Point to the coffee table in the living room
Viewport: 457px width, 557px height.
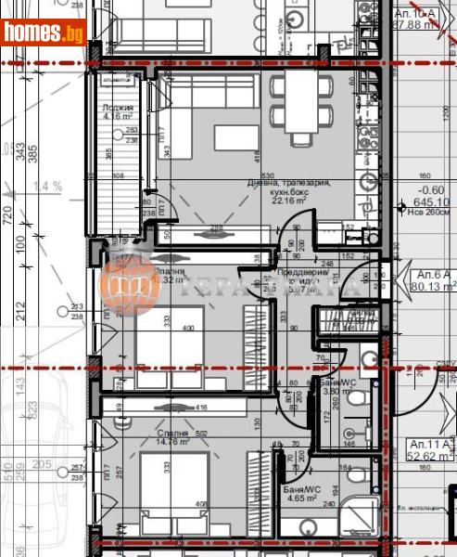[x=236, y=137]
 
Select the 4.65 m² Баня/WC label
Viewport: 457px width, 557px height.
[x=301, y=492]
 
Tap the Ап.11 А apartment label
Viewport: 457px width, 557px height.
[x=429, y=449]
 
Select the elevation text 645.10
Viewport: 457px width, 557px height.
[x=431, y=201]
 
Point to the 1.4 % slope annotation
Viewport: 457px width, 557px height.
[x=50, y=187]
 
